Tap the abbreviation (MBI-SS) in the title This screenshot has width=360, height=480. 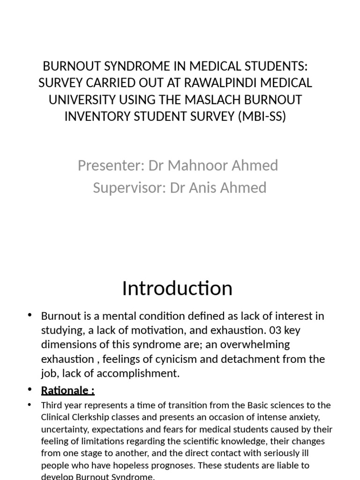pyautogui.click(x=262, y=116)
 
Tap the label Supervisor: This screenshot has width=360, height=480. pyautogui.click(x=129, y=187)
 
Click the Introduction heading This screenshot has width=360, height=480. pyautogui.click(x=177, y=288)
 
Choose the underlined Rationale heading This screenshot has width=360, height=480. pyautogui.click(x=67, y=390)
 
